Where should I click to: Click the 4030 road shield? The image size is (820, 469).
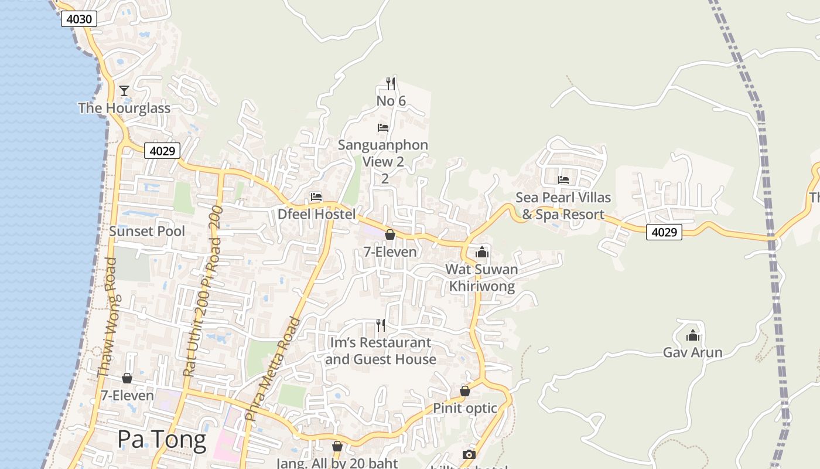[79, 19]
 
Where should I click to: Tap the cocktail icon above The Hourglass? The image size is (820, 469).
[124, 90]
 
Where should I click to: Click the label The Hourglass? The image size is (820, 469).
[124, 108]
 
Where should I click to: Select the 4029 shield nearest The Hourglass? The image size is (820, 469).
[162, 151]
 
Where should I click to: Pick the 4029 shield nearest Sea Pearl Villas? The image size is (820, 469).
[664, 232]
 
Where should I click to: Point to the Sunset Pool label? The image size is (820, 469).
[147, 231]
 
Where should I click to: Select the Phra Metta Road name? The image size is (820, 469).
[273, 369]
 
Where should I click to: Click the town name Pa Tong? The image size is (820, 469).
[162, 439]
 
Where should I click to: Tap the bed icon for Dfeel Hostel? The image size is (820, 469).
[316, 197]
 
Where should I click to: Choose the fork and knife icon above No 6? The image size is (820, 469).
[391, 84]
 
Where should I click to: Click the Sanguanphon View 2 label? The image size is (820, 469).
[384, 153]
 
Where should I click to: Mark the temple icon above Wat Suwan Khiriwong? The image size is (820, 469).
[482, 252]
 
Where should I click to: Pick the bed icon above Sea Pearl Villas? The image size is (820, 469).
[563, 179]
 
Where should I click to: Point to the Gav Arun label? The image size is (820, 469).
[692, 352]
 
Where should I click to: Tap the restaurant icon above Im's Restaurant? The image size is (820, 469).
[381, 325]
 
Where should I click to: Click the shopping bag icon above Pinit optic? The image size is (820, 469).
[465, 391]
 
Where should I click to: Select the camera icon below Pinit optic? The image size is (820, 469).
[469, 454]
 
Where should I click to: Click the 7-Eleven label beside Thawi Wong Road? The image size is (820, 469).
[127, 396]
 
